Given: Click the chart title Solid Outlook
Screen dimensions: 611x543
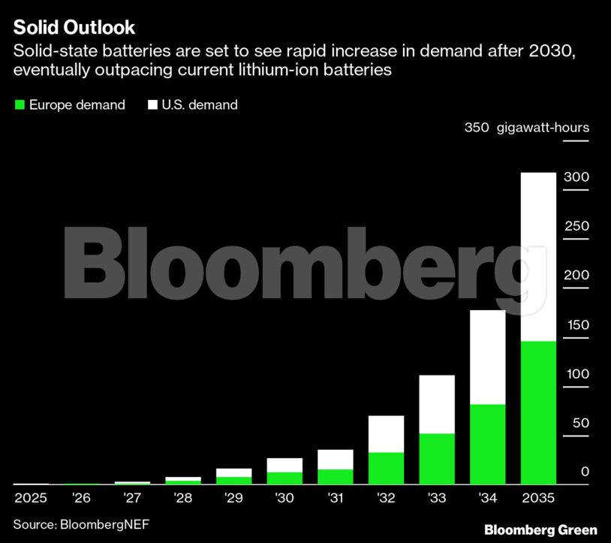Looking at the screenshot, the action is [x=74, y=27].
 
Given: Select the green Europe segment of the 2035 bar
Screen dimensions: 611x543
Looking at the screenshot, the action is [x=538, y=412].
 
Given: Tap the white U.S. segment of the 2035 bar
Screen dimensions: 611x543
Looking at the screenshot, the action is [x=538, y=257].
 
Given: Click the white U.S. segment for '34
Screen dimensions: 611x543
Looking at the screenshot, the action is [x=488, y=357].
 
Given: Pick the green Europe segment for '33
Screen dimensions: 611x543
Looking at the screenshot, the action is [x=437, y=459].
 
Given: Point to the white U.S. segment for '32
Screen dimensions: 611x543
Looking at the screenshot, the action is [x=386, y=434].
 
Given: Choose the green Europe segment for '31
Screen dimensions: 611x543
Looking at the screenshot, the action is [x=336, y=477].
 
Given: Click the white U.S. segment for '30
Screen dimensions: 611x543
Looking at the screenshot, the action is [x=284, y=465].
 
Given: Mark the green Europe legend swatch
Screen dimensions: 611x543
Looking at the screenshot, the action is [x=20, y=104].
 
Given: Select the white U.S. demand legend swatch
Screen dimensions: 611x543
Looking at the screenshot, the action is [x=152, y=104].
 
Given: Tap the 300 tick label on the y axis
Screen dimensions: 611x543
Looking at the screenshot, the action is [x=576, y=177].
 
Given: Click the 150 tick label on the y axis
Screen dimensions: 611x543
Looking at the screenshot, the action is [x=578, y=324].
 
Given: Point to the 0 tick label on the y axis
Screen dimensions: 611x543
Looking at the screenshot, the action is [x=585, y=472].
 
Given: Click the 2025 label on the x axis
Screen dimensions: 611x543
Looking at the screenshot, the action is [x=31, y=498].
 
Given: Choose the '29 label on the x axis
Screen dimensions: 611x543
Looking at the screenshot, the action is [x=233, y=498].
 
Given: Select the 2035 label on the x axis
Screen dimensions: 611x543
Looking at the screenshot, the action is [x=538, y=498].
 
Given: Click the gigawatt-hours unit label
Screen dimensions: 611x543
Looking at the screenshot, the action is [x=543, y=128].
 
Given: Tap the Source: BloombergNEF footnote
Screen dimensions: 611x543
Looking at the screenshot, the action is [x=81, y=524].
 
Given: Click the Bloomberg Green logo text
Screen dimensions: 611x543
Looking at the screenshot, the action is [x=541, y=530].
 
